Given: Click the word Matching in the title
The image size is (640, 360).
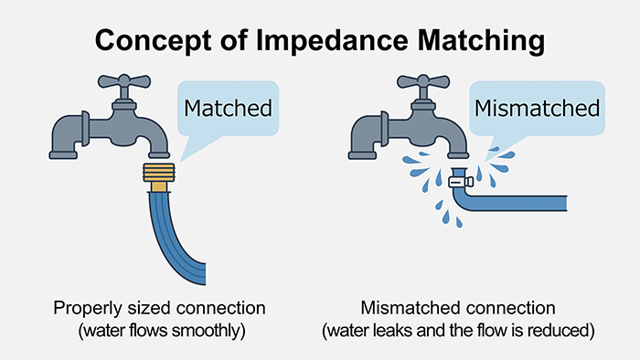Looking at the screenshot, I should tap(481, 41).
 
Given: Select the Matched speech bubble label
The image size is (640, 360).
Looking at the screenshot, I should tap(228, 108).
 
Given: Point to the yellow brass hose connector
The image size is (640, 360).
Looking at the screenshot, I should tap(160, 177).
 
